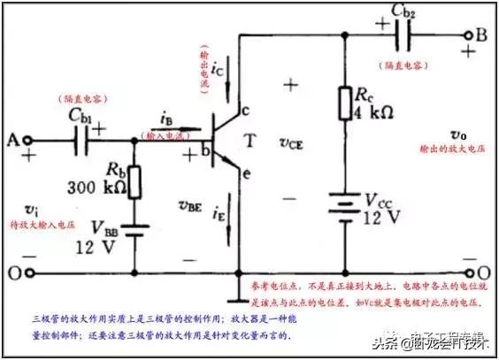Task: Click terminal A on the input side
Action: click(x=27, y=141)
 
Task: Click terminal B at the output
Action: click(x=468, y=35)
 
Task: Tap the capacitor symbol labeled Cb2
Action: click(x=406, y=35)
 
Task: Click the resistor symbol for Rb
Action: click(x=134, y=180)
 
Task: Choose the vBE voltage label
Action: click(x=189, y=206)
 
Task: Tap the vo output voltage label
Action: click(x=457, y=135)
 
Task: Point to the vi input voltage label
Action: click(x=30, y=211)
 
